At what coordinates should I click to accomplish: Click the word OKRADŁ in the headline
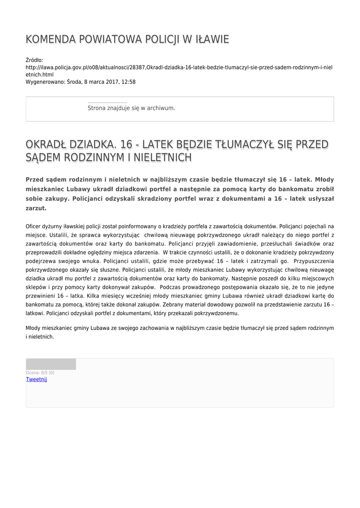pyautogui.click(x=46, y=145)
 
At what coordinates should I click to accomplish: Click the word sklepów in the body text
pyautogui.click(x=36, y=287)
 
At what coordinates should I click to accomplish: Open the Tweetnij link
pyautogui.click(x=36, y=380)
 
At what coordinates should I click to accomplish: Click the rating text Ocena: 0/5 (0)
pyautogui.click(x=40, y=373)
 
